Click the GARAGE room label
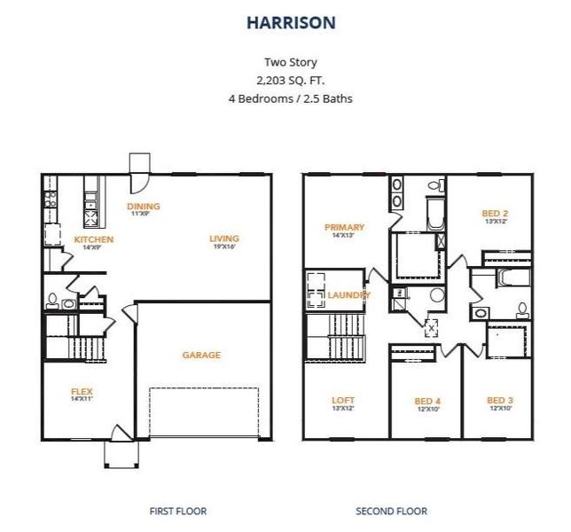pyautogui.click(x=201, y=355)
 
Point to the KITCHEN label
pyautogui.click(x=93, y=239)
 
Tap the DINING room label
pyautogui.click(x=145, y=207)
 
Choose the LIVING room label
pyautogui.click(x=224, y=239)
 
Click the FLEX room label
pyautogui.click(x=82, y=391)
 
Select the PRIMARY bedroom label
pyautogui.click(x=345, y=227)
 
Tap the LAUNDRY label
pyautogui.click(x=348, y=294)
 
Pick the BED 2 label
pyautogui.click(x=494, y=213)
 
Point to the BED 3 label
pyautogui.click(x=500, y=401)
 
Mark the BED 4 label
pyautogui.click(x=427, y=402)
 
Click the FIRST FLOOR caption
pyautogui.click(x=178, y=511)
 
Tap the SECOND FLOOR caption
pyautogui.click(x=391, y=511)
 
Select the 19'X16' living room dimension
pyautogui.click(x=224, y=247)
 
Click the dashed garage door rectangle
pyautogui.click(x=203, y=412)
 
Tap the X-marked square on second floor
pyautogui.click(x=432, y=326)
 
